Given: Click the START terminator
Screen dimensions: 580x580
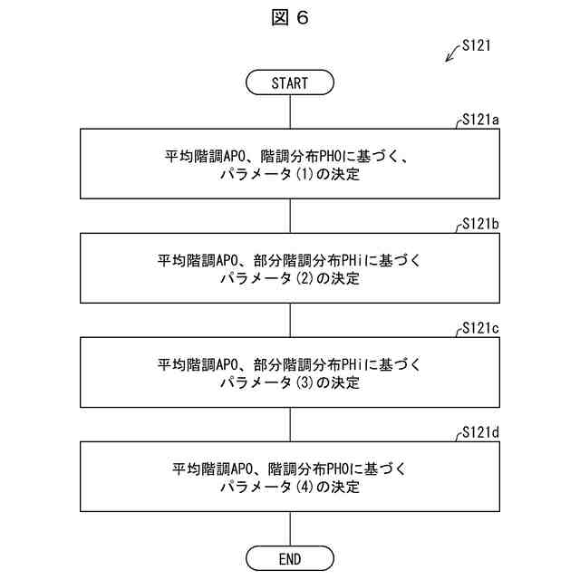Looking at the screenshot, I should click(290, 82).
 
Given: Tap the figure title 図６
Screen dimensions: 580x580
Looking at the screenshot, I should click(290, 19).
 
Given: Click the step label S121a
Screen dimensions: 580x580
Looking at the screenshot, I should click(481, 119).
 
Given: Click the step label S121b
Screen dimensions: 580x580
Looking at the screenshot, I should click(481, 223).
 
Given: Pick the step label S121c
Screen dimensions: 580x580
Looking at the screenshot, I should click(481, 327).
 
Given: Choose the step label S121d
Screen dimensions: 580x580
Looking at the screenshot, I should click(481, 431).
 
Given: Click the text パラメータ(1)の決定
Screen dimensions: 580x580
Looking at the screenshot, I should click(290, 174).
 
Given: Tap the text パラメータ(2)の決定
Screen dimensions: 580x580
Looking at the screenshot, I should click(290, 278).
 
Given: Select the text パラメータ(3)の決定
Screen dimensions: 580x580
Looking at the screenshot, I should click(290, 382).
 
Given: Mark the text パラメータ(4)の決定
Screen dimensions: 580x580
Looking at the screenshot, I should click(290, 487).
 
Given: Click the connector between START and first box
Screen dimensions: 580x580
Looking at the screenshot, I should click(290, 111).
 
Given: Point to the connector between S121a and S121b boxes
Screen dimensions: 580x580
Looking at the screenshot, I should click(290, 216).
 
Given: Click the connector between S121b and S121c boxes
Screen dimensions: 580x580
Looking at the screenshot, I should click(290, 320).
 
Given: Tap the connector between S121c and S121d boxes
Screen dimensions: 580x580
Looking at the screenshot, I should click(290, 424).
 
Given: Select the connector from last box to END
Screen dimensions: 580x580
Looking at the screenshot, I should click(290, 528).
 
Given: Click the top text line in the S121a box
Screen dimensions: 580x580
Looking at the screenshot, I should click(290, 155).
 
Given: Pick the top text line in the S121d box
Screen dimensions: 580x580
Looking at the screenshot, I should click(290, 468).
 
